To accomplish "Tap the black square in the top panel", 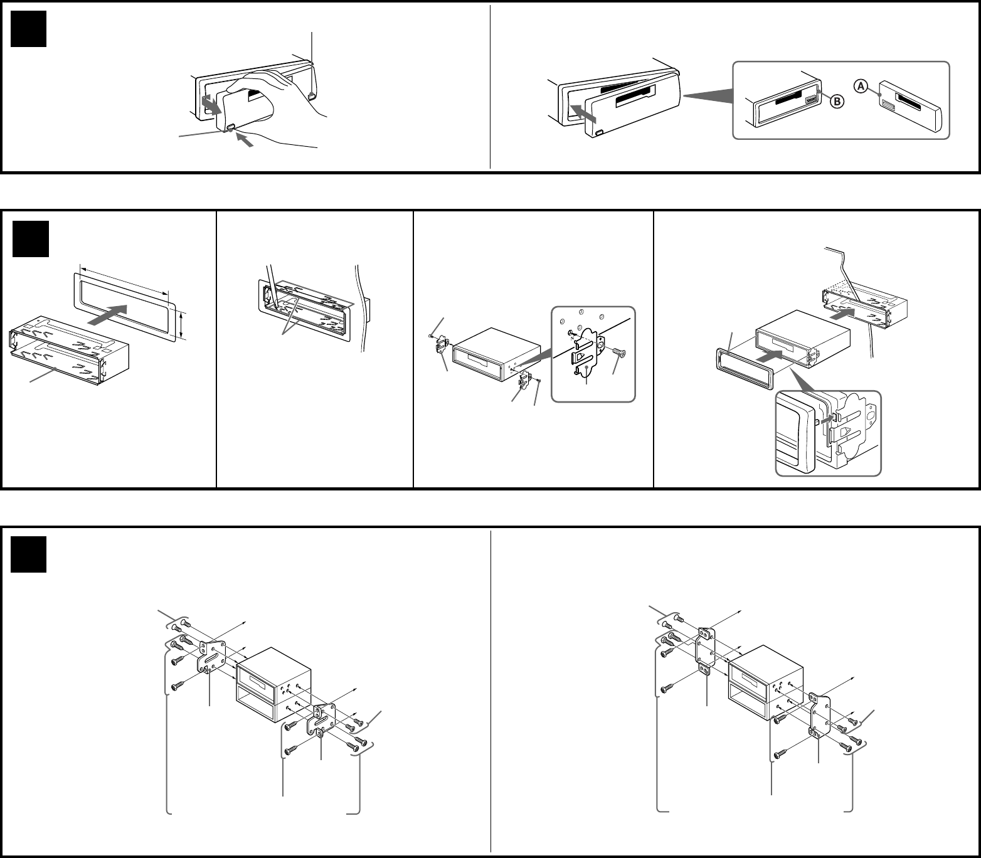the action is pos(29,29).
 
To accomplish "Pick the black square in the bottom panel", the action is pos(29,554).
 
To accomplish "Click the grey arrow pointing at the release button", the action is pos(246,140).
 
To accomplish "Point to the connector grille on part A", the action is pos(888,105).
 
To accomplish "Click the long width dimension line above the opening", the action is pos(125,279).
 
